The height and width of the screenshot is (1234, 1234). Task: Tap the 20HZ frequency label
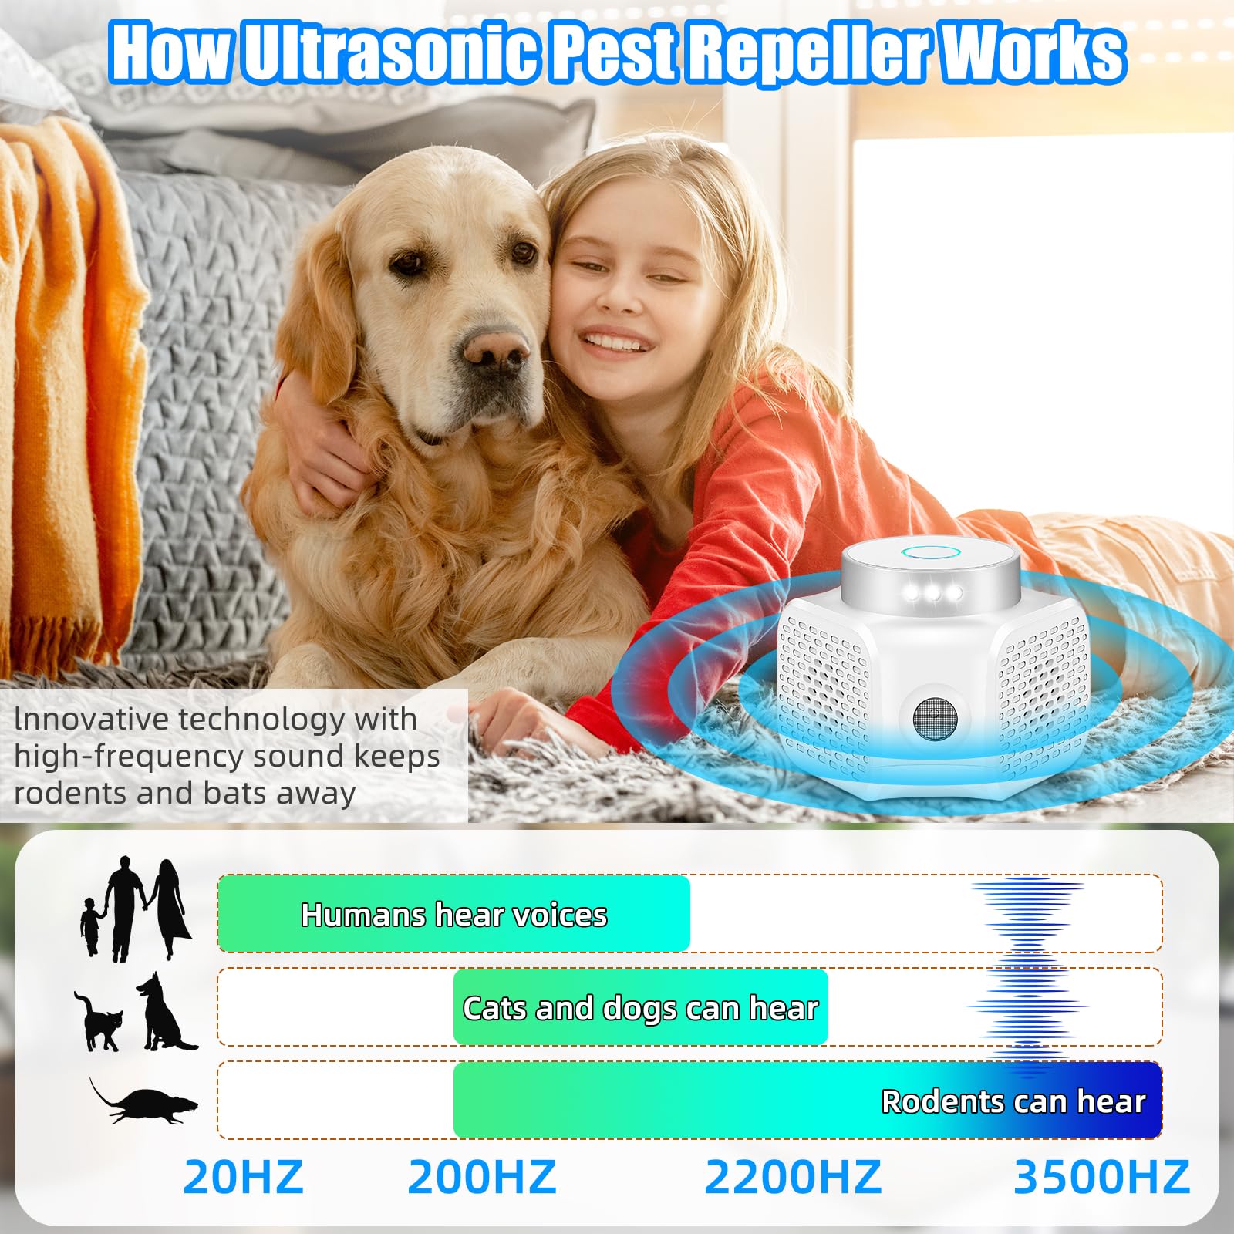(x=244, y=1177)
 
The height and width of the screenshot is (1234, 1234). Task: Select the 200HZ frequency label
(x=482, y=1177)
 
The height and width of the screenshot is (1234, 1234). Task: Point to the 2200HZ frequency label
(x=793, y=1177)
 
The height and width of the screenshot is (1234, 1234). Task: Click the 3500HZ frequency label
(x=1101, y=1177)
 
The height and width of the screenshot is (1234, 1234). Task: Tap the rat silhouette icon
(x=144, y=1101)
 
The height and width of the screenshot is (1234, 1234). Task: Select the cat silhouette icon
(x=99, y=1021)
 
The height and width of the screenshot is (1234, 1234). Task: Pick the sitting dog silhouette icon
(x=165, y=1011)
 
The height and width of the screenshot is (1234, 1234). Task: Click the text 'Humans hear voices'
(x=453, y=915)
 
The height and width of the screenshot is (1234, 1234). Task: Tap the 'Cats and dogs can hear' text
(x=640, y=1008)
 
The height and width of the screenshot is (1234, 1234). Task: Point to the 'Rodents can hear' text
(x=1013, y=1101)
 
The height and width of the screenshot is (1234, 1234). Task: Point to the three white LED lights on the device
(x=933, y=593)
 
